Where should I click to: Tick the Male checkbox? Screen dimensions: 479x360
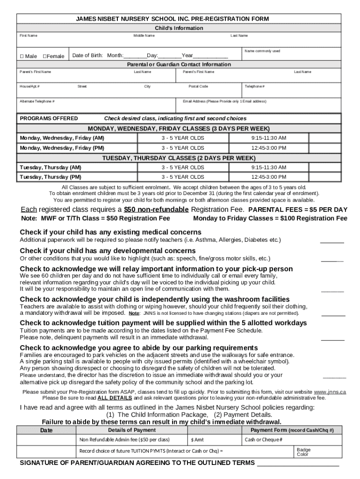click(x=22, y=56)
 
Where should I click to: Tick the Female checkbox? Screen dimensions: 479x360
click(x=45, y=56)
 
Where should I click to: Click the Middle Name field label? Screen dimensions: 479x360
click(x=144, y=36)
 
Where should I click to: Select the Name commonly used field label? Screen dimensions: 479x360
click(x=262, y=51)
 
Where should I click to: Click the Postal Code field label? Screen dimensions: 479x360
click(x=198, y=87)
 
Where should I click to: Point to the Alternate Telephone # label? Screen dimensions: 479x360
click(x=37, y=101)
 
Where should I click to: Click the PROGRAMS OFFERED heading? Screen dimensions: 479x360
click(x=49, y=118)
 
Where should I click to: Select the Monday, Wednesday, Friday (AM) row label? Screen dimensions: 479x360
click(x=62, y=138)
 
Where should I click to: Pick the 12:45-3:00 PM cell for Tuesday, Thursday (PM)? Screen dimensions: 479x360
click(x=268, y=177)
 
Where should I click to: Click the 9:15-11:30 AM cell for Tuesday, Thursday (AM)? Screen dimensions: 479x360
click(x=268, y=167)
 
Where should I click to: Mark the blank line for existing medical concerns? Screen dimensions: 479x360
click(x=332, y=241)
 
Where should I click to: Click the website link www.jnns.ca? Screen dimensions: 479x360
click(x=330, y=392)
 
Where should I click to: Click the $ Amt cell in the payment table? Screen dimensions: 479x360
click(x=197, y=440)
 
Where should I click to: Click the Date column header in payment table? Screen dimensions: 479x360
click(x=46, y=430)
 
